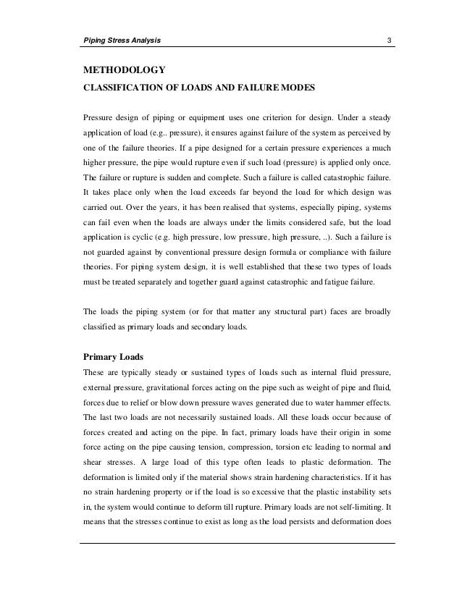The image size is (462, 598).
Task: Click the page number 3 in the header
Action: tap(390, 39)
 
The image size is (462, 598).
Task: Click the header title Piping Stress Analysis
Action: tap(120, 39)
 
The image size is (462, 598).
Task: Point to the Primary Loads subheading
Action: tap(115, 356)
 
